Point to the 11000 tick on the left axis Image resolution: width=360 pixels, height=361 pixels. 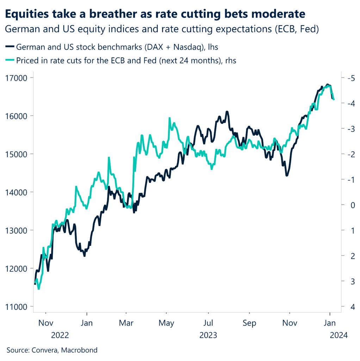pyautogui.click(x=17, y=307)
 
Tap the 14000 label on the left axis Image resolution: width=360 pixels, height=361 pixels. pyautogui.click(x=17, y=192)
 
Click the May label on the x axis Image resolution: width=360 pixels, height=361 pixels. pyautogui.click(x=167, y=323)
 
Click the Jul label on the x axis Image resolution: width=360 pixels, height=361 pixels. pyautogui.click(x=209, y=323)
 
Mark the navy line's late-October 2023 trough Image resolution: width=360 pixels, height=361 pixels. pyautogui.click(x=287, y=175)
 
